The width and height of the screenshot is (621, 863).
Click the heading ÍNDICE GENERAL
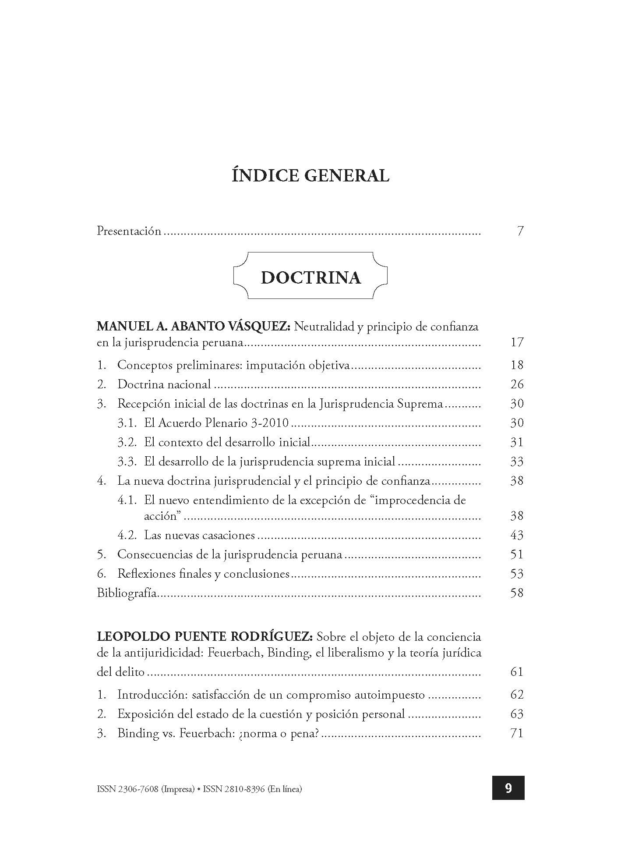coord(310,176)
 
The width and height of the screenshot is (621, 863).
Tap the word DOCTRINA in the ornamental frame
coord(310,278)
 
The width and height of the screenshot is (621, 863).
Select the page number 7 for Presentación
coord(520,231)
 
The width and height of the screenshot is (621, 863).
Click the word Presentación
coord(129,231)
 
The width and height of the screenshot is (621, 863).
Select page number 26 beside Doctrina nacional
coord(517,384)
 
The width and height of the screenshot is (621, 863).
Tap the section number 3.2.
coord(127,442)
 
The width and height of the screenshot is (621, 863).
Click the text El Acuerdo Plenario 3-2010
coord(216,423)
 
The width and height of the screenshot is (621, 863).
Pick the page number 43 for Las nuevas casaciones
coord(517,535)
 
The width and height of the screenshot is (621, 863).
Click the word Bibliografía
coord(126,593)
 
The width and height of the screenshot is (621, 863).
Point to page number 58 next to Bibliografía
coord(517,593)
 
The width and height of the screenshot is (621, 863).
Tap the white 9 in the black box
coord(508,788)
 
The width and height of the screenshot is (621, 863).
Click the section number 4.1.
coord(127,501)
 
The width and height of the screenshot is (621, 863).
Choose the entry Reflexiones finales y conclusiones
coord(203,574)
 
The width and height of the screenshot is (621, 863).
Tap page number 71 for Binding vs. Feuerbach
coord(517,733)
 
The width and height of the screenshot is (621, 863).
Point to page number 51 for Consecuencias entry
coord(517,554)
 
